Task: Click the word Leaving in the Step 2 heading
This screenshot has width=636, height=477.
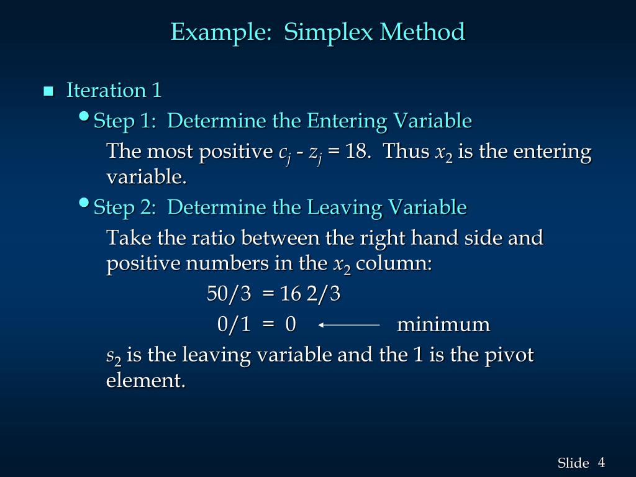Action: pyautogui.click(x=339, y=207)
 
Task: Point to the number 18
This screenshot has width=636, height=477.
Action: pyautogui.click(x=357, y=152)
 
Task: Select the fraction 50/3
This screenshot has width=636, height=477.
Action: pyautogui.click(x=229, y=294)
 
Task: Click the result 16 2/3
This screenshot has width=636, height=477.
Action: pyautogui.click(x=311, y=294)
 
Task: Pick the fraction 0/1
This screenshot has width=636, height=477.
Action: pyautogui.click(x=234, y=324)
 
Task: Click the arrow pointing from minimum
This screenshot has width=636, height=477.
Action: pyautogui.click(x=348, y=324)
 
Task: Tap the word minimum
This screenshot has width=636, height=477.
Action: pyautogui.click(x=443, y=324)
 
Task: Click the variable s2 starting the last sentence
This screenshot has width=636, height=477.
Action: pyautogui.click(x=114, y=357)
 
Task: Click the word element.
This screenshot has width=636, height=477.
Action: pyautogui.click(x=145, y=380)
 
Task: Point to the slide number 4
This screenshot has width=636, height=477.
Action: pyautogui.click(x=601, y=462)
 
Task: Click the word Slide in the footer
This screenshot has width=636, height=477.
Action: pyautogui.click(x=573, y=463)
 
